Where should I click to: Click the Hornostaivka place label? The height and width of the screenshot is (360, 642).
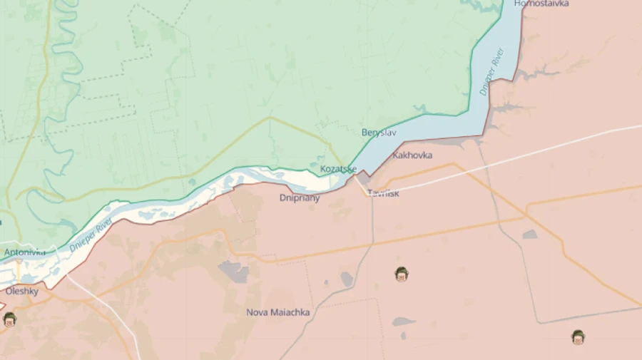tap(541, 4)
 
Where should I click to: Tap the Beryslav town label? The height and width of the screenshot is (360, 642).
tap(379, 133)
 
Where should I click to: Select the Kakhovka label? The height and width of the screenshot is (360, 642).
tap(412, 155)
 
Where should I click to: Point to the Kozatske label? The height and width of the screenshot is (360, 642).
tap(338, 169)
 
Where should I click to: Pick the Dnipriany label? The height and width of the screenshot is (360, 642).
tap(300, 198)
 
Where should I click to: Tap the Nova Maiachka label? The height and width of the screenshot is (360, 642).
tap(277, 312)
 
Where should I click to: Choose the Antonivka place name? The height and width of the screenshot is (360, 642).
tap(24, 252)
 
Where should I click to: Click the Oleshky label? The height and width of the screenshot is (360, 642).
tap(22, 291)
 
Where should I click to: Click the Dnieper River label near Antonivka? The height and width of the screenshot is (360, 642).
tap(91, 236)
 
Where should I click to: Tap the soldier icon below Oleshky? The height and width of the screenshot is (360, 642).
tap(9, 319)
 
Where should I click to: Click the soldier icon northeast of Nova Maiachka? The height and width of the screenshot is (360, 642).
tap(402, 273)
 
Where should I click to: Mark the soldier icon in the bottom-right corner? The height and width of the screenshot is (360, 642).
tap(578, 336)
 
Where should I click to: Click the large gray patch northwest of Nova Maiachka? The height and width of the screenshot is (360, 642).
tap(233, 271)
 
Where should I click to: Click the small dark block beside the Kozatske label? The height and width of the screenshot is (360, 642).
tap(363, 175)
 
